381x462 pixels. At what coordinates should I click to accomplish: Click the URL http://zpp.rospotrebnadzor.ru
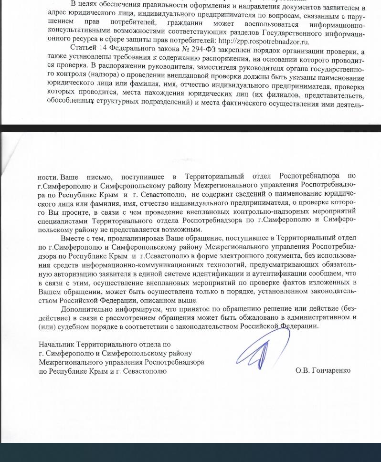264,41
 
